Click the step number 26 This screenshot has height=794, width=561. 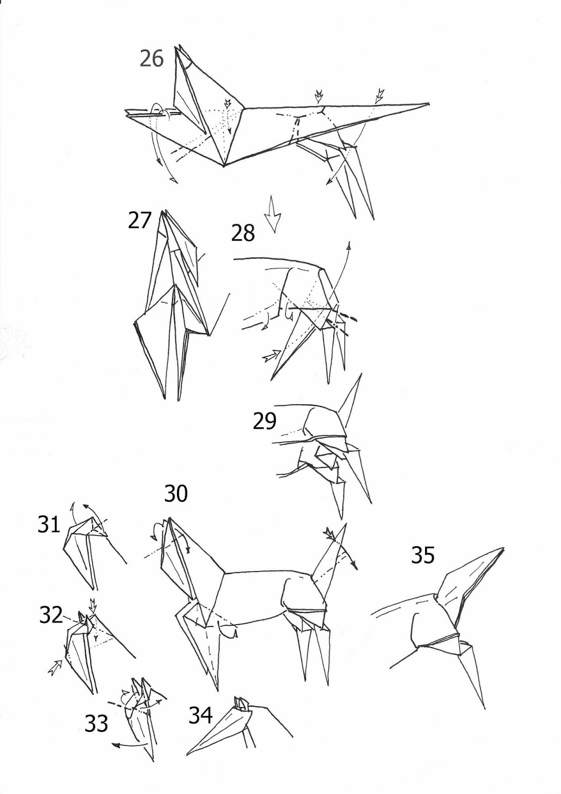(x=151, y=59)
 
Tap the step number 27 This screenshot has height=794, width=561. (x=139, y=220)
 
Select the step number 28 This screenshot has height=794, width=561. (x=243, y=233)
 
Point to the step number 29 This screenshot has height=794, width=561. (x=264, y=421)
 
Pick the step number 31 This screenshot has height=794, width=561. (x=49, y=524)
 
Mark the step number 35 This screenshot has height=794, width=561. (x=423, y=555)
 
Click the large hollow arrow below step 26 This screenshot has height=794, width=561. (x=273, y=213)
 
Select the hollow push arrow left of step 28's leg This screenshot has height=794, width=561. (x=271, y=356)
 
